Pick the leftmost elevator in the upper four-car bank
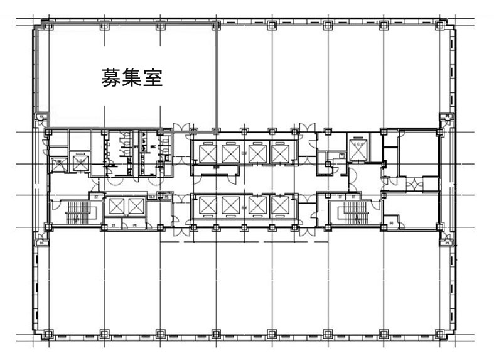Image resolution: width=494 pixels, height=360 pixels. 206,153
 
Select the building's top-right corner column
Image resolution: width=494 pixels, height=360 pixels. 446,26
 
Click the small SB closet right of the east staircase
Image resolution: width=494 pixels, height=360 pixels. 390,221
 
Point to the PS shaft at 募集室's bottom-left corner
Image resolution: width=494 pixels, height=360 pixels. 41,117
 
